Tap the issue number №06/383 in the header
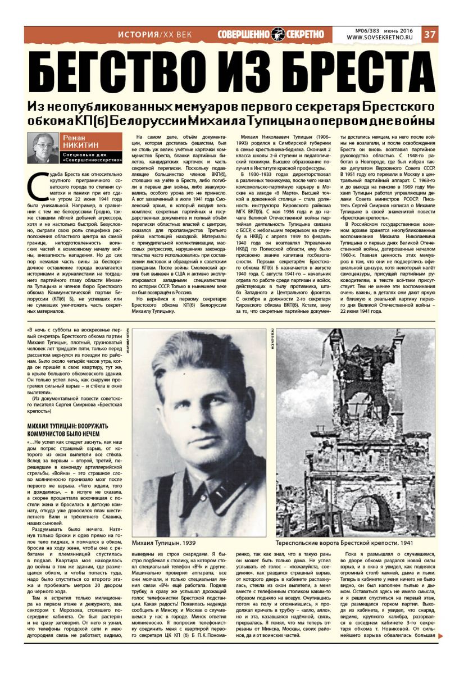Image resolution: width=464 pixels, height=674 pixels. pyautogui.click(x=363, y=30)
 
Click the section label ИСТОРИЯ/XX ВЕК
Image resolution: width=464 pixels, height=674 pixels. pyautogui.click(x=154, y=34)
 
